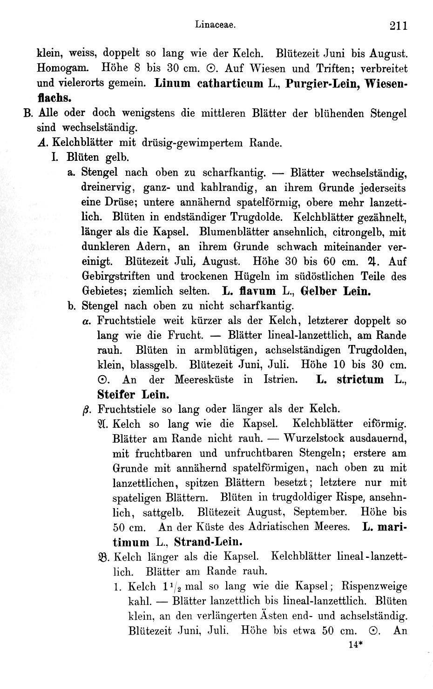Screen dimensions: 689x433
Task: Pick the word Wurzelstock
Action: (x=316, y=438)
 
